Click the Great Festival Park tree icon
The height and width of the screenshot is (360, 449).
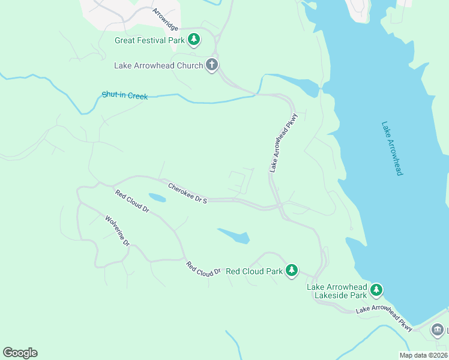click(193, 40)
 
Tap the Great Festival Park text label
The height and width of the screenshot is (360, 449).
click(150, 41)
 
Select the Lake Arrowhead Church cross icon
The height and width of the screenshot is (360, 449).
click(211, 65)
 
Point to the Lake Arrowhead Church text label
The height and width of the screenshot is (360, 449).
click(158, 65)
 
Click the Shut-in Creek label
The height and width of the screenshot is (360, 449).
click(124, 95)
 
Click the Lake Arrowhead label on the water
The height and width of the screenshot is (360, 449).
click(391, 148)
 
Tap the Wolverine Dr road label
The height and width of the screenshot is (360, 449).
click(118, 231)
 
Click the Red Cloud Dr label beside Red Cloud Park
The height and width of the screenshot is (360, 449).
click(203, 269)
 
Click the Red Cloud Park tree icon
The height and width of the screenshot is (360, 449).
click(292, 271)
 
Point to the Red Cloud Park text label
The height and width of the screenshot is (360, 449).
click(254, 271)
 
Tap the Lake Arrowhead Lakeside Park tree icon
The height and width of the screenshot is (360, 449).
click(376, 291)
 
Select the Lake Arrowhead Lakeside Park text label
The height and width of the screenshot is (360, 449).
click(337, 291)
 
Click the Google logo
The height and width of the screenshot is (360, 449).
click(20, 353)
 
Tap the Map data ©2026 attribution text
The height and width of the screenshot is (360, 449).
click(423, 355)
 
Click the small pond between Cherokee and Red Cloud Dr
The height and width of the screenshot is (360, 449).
click(157, 197)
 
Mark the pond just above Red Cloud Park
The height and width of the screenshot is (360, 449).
click(234, 236)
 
